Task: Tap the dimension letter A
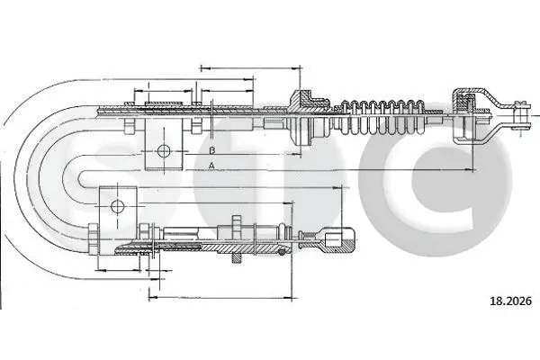(x=211, y=166)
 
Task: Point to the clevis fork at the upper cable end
(x=514, y=112)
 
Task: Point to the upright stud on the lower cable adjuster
(x=235, y=225)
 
